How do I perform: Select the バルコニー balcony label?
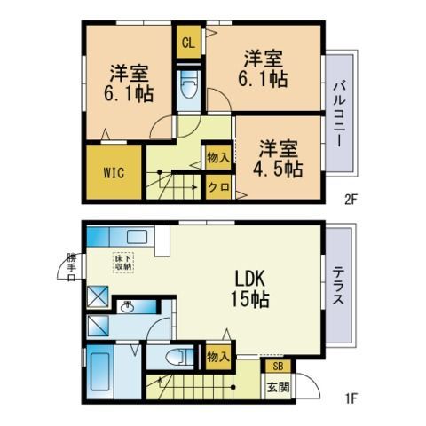coord(341,114)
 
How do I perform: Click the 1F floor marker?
coord(351,399)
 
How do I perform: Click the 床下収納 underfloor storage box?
coord(122,263)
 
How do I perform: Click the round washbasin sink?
coord(127,307)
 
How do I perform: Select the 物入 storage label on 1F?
coord(217,357)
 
